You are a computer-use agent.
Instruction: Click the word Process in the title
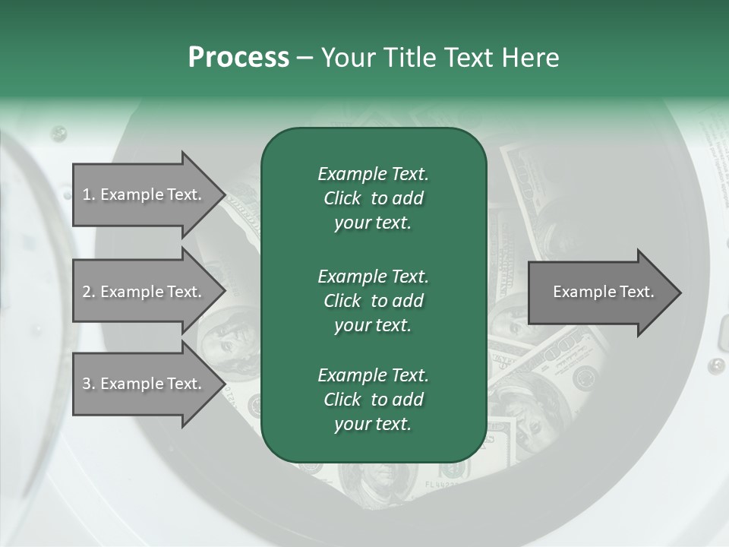pos(238,57)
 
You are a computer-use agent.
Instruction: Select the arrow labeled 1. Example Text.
pos(144,194)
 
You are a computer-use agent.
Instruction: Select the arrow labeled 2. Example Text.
pos(144,292)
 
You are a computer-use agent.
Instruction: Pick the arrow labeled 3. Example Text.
pos(144,384)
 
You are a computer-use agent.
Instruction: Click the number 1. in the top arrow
pos(89,194)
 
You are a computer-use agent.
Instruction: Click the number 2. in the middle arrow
pos(89,292)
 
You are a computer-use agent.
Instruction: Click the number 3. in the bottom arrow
pos(89,384)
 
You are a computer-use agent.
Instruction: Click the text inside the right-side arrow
pos(603,292)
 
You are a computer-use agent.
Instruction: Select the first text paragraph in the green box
pos(373,198)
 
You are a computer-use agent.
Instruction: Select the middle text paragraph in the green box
pos(373,301)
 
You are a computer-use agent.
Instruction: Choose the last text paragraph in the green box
pos(373,400)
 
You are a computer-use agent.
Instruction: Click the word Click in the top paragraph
pos(342,198)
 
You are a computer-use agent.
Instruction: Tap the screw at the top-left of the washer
pos(58,134)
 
